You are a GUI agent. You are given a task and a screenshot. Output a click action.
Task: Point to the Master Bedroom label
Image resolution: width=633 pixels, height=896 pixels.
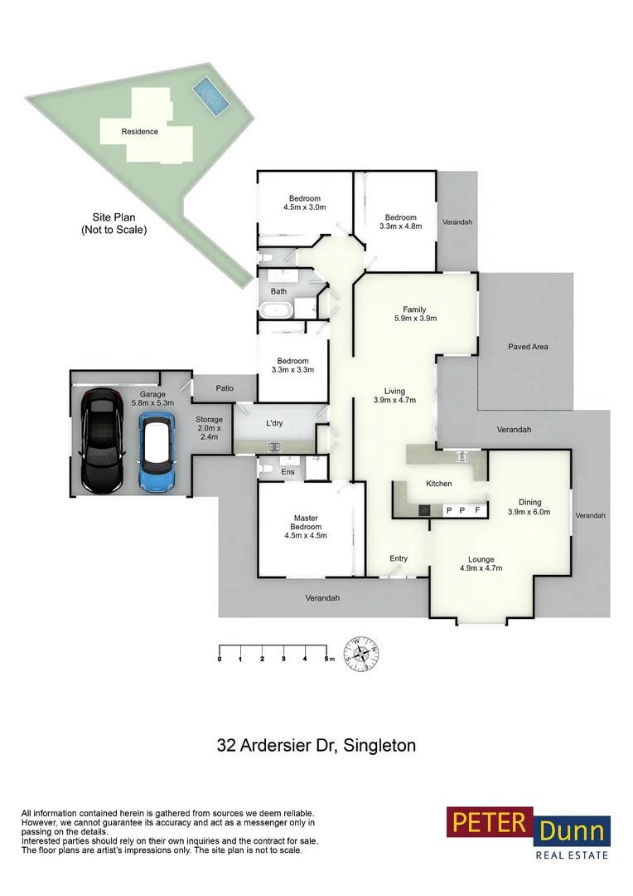(x=305, y=523)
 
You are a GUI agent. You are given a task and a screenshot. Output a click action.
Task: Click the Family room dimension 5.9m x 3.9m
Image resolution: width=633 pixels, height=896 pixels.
(x=414, y=318)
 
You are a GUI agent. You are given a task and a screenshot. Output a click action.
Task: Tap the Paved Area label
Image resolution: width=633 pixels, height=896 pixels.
(x=528, y=347)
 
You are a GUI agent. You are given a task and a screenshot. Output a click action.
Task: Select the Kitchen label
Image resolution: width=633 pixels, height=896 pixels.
(x=438, y=483)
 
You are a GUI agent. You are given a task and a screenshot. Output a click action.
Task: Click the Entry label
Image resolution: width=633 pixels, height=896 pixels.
(x=399, y=558)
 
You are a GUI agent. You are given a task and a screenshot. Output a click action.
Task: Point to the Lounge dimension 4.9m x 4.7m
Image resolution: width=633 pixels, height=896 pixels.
(x=481, y=568)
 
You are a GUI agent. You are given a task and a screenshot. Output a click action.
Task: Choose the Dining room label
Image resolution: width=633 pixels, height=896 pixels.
(x=529, y=502)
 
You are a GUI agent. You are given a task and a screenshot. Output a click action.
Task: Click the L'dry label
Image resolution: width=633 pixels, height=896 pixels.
(x=273, y=423)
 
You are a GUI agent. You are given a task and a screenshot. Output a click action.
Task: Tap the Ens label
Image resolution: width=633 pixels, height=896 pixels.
(x=288, y=472)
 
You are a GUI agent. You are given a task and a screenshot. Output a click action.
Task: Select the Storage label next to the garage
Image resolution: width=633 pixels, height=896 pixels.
(x=209, y=420)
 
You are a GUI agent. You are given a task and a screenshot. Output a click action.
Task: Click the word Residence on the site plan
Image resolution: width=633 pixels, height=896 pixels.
(x=139, y=131)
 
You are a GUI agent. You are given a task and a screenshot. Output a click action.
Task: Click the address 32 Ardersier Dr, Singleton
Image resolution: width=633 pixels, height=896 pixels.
(x=316, y=745)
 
